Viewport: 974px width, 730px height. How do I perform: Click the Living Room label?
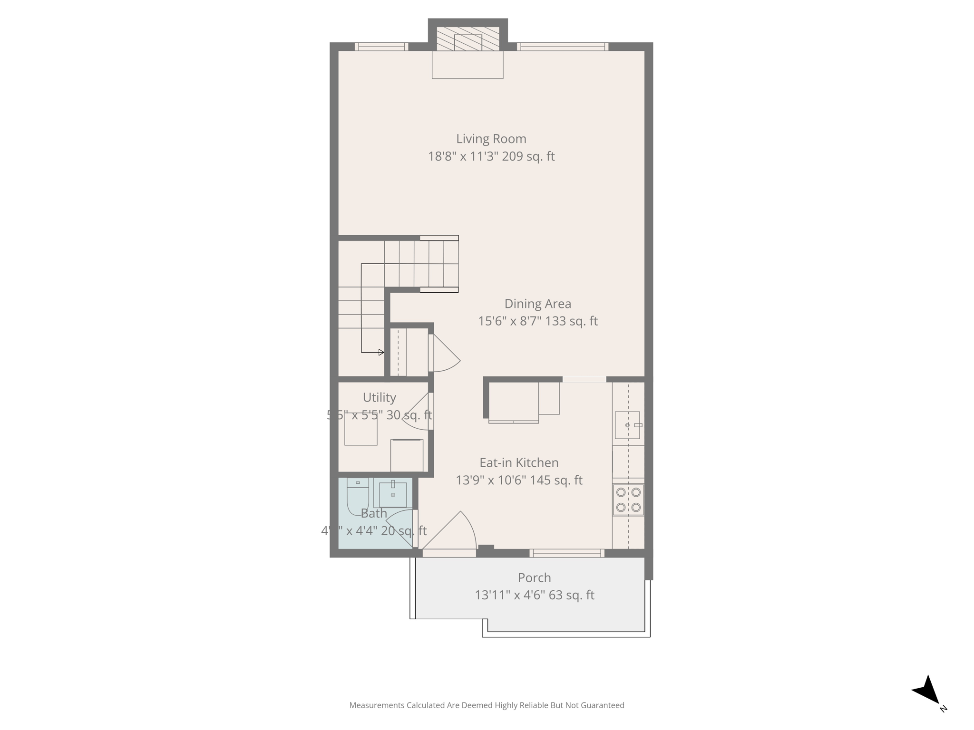[491, 139]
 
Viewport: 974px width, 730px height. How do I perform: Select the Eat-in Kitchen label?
[518, 462]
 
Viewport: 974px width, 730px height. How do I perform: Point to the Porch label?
[534, 577]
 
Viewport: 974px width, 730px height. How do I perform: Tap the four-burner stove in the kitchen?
[628, 500]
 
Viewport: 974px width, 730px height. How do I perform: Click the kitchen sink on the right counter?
[627, 425]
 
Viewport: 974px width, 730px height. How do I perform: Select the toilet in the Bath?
[358, 496]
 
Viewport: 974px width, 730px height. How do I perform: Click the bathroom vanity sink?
[392, 494]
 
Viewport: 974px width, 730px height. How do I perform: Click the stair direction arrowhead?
[381, 352]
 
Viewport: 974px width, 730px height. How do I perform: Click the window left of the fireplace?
[381, 47]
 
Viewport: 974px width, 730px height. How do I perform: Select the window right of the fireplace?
[562, 47]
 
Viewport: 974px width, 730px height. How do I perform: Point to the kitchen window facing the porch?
[566, 553]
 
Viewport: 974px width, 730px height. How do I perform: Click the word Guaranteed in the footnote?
[604, 705]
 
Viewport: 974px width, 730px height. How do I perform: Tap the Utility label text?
[379, 397]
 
